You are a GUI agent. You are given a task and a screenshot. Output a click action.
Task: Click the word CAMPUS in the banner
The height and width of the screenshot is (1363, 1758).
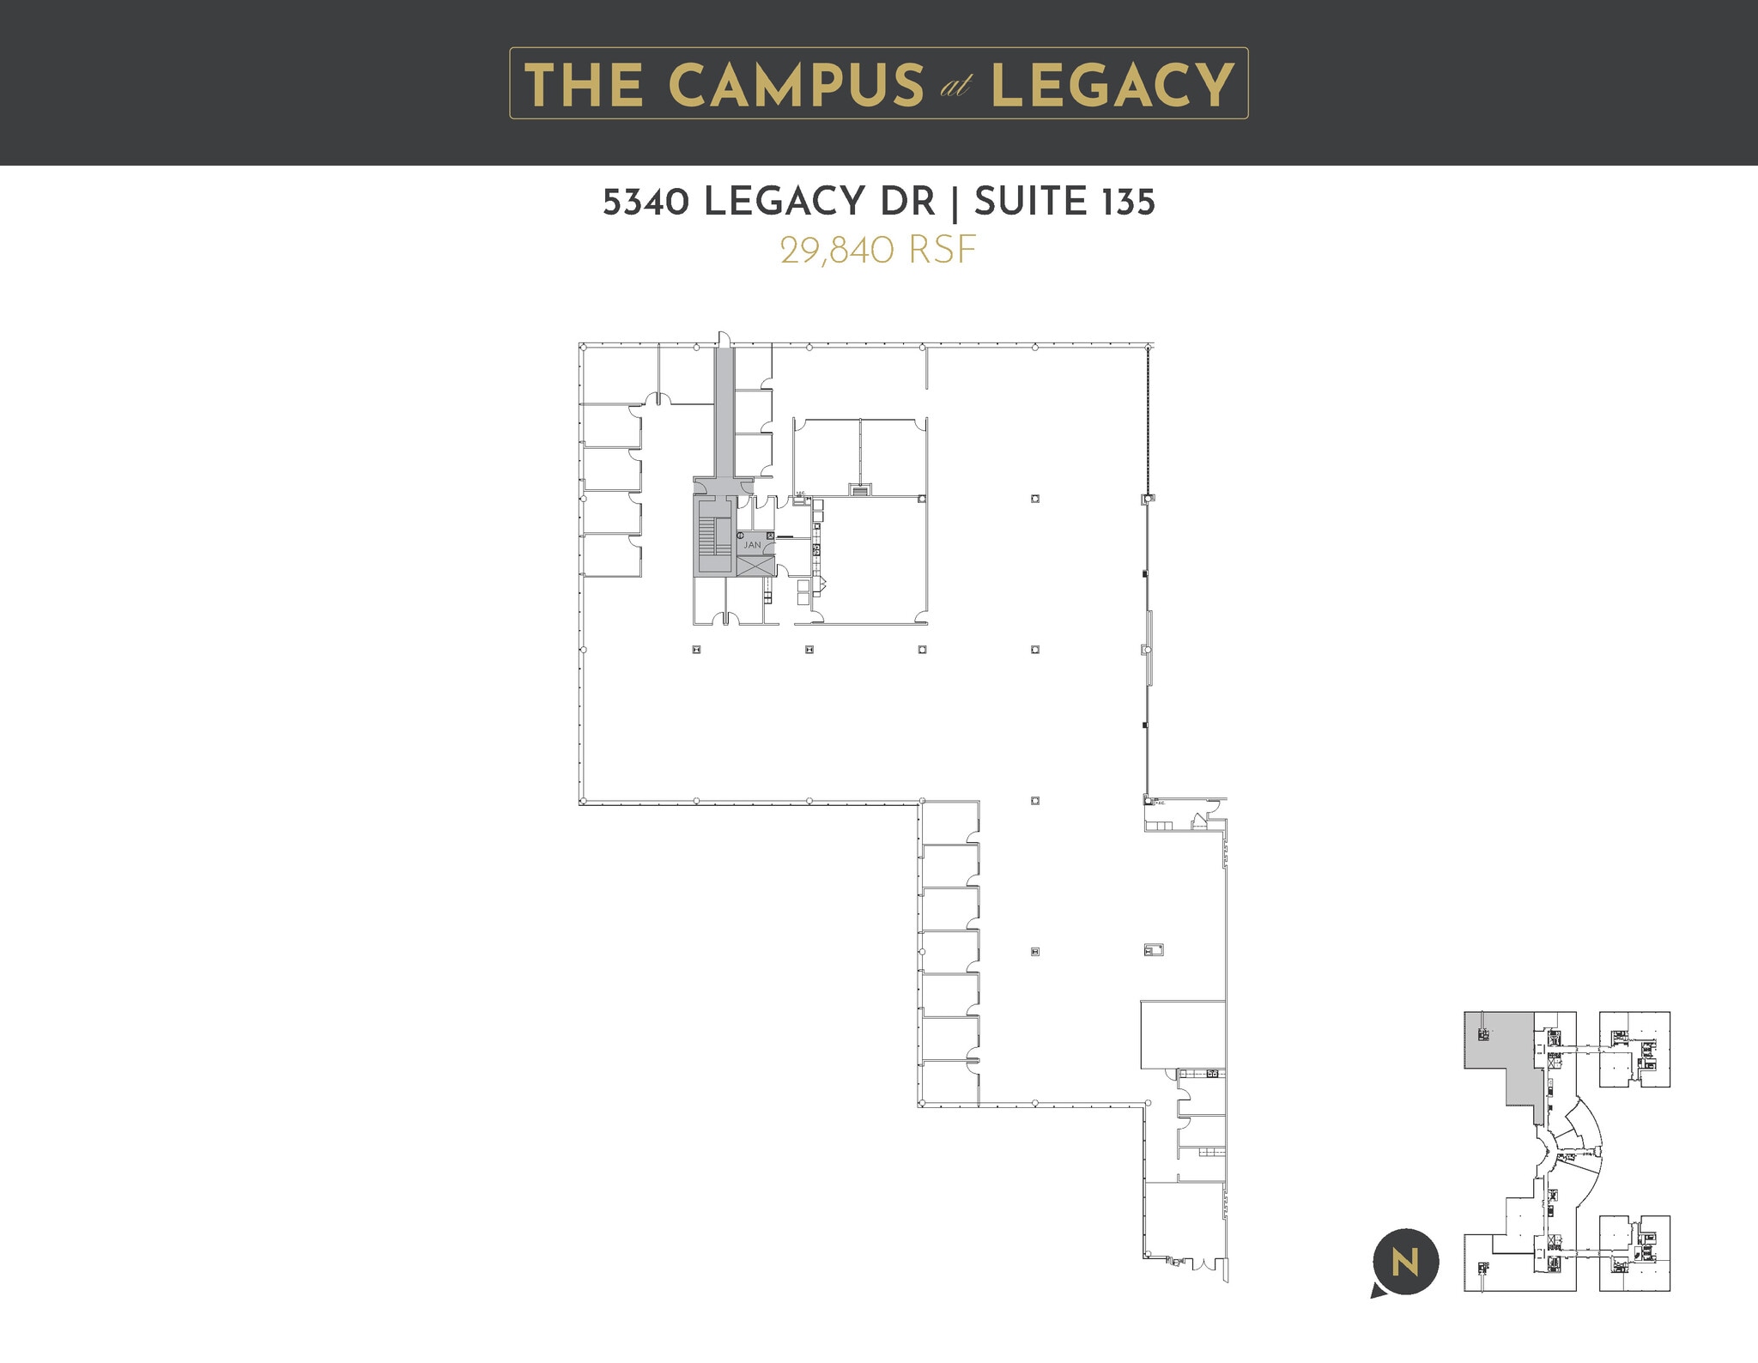point(795,85)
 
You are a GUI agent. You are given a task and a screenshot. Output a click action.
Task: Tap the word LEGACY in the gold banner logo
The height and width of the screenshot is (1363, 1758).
point(1112,85)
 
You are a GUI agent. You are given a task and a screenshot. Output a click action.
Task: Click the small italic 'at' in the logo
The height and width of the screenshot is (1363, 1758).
point(955,88)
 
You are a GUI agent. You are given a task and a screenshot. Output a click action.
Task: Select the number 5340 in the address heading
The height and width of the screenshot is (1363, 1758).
point(646,203)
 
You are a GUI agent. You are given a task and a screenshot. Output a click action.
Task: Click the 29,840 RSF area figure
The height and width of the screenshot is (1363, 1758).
point(878,251)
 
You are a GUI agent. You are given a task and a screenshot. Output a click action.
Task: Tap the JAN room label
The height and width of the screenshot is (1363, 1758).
point(752,545)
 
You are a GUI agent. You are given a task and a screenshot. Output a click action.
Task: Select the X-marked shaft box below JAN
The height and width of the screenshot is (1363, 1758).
point(755,566)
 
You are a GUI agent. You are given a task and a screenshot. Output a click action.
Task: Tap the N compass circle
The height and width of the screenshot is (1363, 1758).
point(1405,1263)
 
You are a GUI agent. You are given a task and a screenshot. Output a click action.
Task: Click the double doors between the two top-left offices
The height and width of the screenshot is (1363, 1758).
point(658,398)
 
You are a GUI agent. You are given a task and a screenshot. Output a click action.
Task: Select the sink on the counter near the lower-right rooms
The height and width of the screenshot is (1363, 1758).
point(1212,1074)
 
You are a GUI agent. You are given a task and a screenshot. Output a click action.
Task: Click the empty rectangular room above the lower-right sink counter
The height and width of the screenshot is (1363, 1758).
point(1182,1034)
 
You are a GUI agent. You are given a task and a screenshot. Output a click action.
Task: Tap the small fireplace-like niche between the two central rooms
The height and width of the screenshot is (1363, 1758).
point(859,489)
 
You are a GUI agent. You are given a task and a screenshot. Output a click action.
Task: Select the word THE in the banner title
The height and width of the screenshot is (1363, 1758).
point(584,85)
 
